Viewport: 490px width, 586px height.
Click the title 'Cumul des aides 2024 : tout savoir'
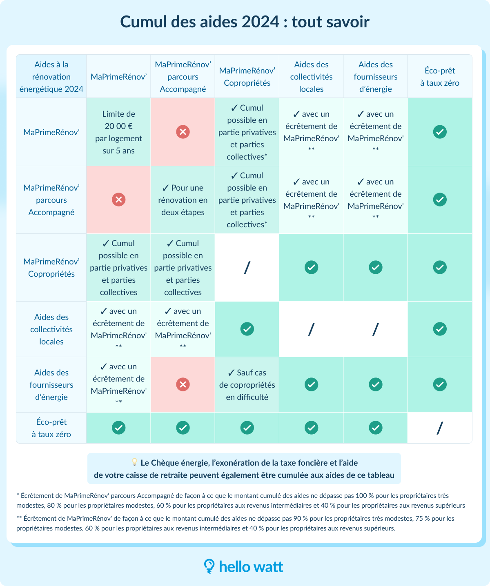click(245, 22)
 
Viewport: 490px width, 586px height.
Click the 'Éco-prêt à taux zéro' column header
click(440, 77)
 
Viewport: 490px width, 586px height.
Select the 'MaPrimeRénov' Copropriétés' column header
click(247, 77)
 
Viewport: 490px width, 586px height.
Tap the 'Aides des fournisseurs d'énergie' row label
click(51, 385)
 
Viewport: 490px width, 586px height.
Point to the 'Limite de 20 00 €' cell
click(118, 132)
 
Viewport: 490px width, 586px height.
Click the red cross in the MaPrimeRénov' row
click(183, 132)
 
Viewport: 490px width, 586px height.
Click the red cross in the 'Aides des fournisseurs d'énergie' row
click(183, 384)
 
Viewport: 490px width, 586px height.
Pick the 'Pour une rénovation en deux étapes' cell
click(183, 200)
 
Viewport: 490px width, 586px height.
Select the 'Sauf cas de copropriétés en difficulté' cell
click(247, 385)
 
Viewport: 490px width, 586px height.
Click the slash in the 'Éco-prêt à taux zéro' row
click(440, 428)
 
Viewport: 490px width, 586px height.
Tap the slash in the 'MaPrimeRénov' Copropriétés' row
click(247, 268)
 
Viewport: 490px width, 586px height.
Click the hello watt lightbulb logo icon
click(209, 566)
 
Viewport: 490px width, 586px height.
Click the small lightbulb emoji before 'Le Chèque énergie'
click(134, 462)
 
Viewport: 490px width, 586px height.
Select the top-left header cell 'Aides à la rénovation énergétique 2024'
click(51, 77)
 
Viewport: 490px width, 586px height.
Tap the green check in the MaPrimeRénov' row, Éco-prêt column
click(440, 132)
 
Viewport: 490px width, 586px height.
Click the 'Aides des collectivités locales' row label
click(51, 329)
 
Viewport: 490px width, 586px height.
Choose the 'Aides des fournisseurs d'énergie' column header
click(376, 77)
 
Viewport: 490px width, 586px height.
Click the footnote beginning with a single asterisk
click(241, 501)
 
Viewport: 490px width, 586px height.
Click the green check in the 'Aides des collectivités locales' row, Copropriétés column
click(247, 329)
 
